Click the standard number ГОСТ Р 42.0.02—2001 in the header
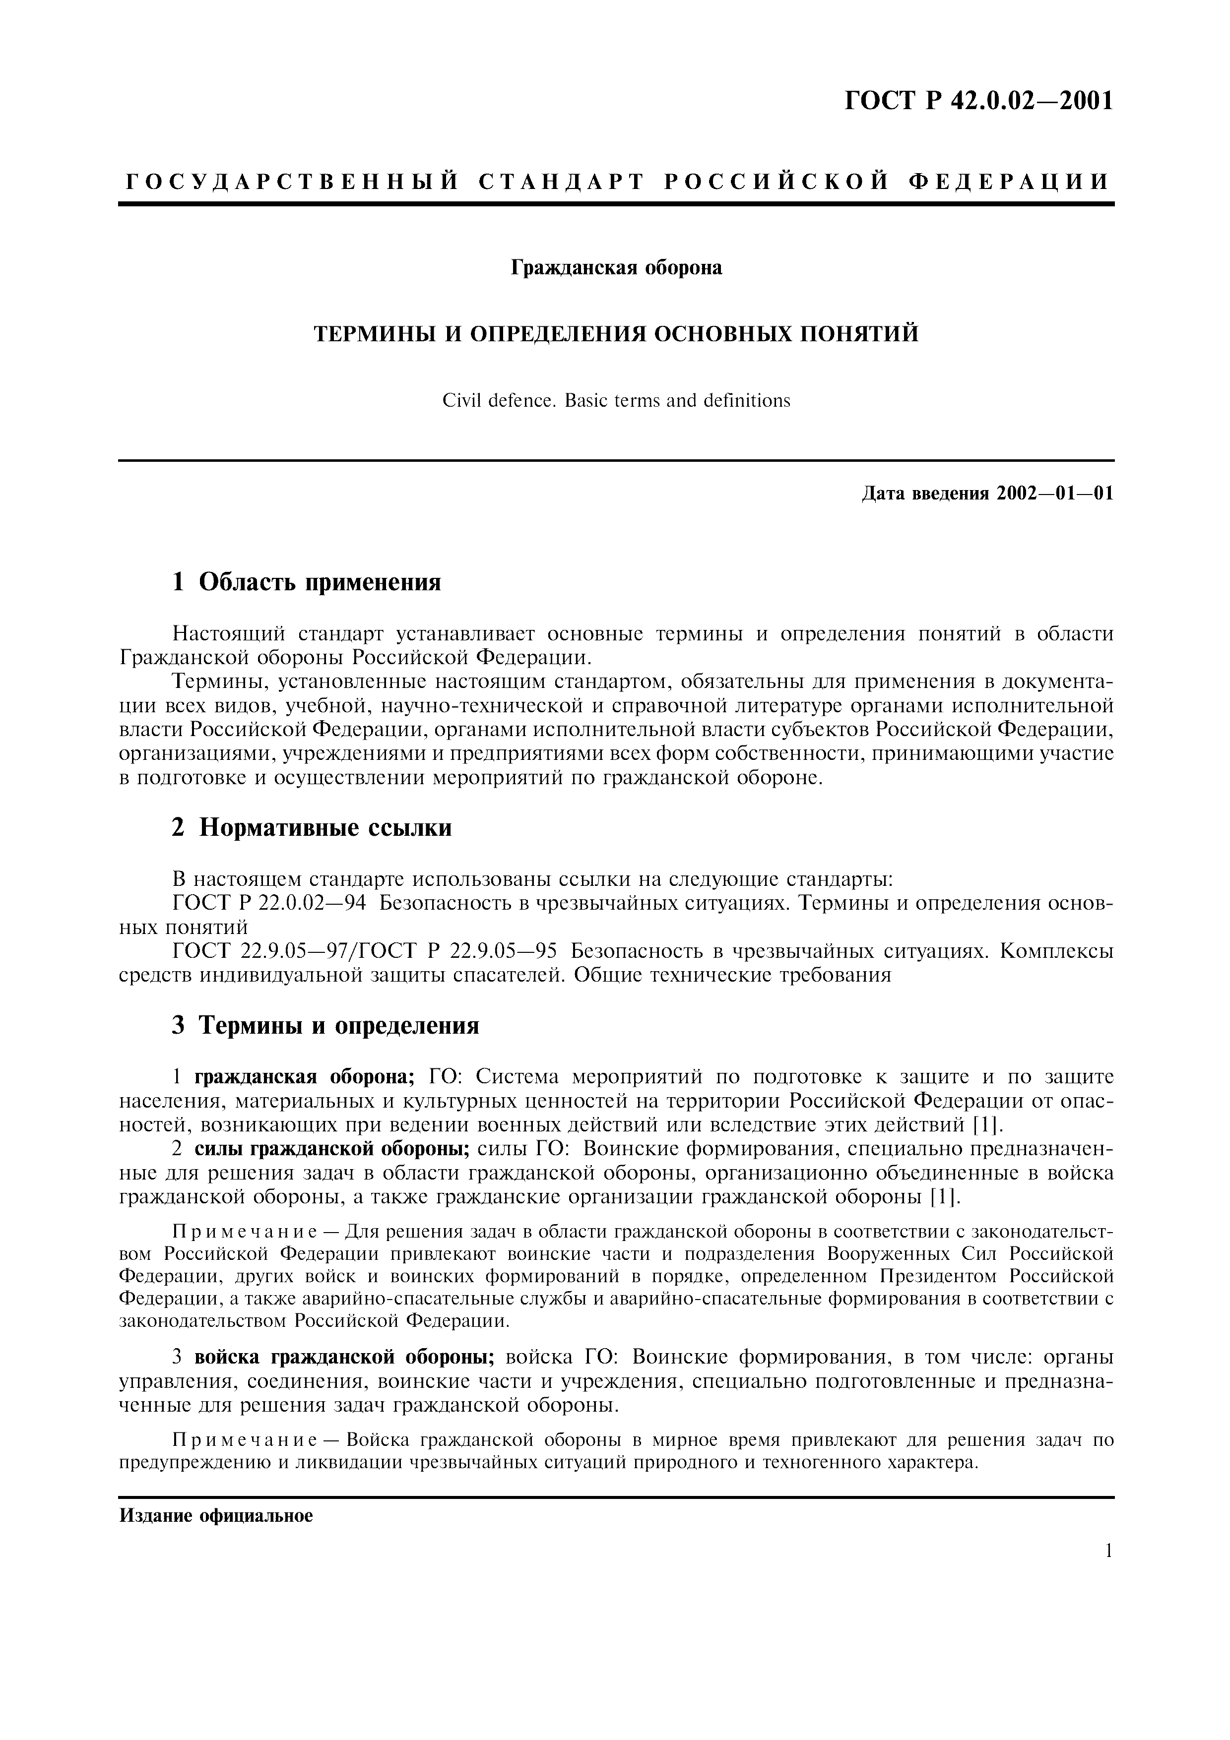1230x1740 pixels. pyautogui.click(x=978, y=101)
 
